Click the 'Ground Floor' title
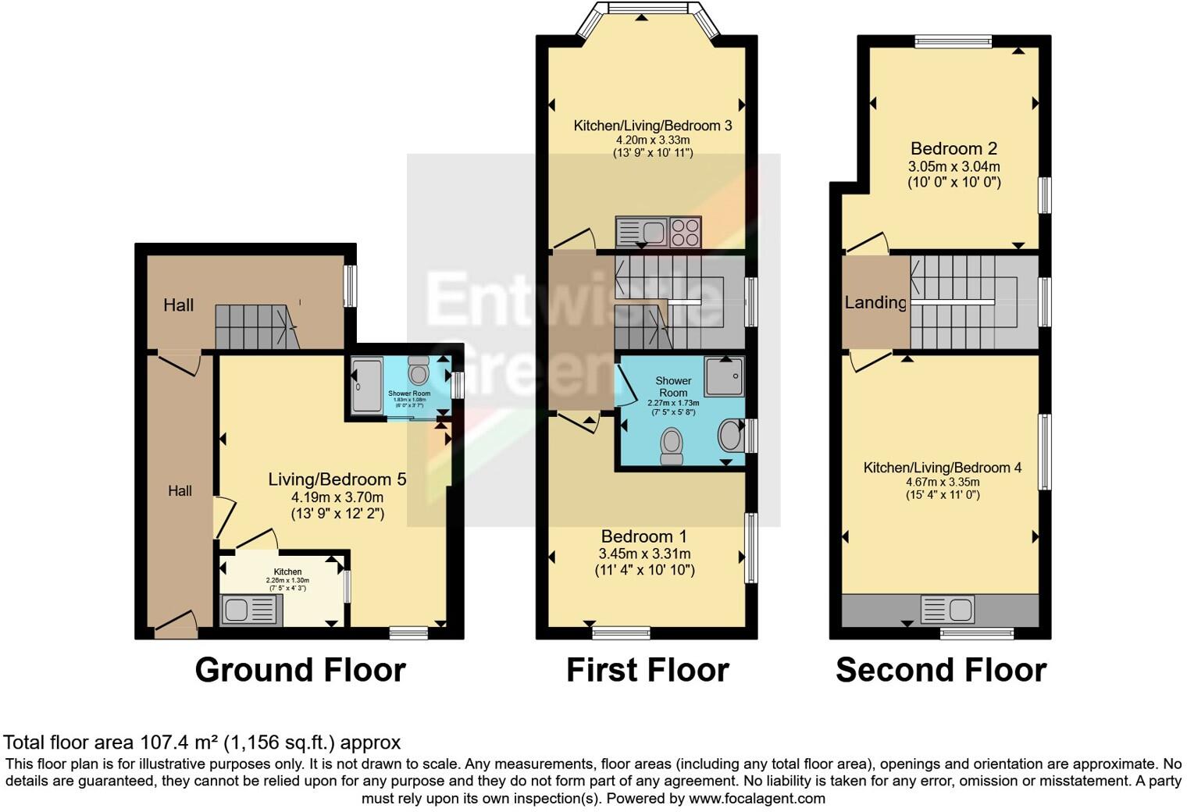pyautogui.click(x=300, y=670)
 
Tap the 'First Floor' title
pyautogui.click(x=647, y=670)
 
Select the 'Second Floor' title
pyautogui.click(x=941, y=670)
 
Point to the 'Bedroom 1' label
pyautogui.click(x=644, y=536)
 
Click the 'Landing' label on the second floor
pyautogui.click(x=875, y=302)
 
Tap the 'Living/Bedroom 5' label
pyautogui.click(x=337, y=479)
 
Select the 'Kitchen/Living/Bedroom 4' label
pyautogui.click(x=942, y=468)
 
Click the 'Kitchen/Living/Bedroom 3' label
pyautogui.click(x=653, y=126)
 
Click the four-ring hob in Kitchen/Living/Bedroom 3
pyautogui.click(x=685, y=232)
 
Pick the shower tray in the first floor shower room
pyautogui.click(x=724, y=376)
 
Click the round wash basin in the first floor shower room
pyautogui.click(x=729, y=436)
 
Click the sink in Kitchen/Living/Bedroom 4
pyautogui.click(x=947, y=608)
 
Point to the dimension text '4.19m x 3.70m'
pyautogui.click(x=337, y=497)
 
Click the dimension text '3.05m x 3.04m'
pyautogui.click(x=954, y=166)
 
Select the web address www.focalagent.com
pyautogui.click(x=757, y=799)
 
